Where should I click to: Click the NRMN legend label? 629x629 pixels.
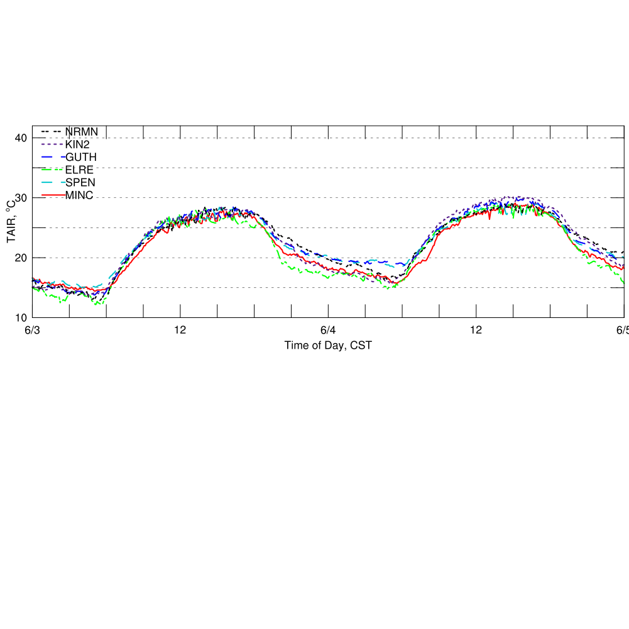point(82,131)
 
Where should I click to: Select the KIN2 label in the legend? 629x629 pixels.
point(77,144)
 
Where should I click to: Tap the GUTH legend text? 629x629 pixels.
point(81,156)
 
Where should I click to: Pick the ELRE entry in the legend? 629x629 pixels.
point(79,170)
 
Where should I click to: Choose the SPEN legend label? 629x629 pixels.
point(80,182)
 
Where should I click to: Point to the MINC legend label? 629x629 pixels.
point(79,195)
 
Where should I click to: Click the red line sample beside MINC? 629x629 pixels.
point(53,195)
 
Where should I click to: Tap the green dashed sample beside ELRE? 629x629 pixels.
point(53,170)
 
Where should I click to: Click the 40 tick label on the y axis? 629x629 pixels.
point(21,138)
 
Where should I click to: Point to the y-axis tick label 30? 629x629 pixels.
point(21,198)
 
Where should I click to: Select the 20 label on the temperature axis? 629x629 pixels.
point(21,258)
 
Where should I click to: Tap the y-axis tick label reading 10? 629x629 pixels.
point(21,317)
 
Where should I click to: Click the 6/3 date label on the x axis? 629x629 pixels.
point(32,331)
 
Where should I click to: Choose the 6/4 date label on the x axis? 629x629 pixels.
point(328,331)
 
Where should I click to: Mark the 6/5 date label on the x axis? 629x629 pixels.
point(622,331)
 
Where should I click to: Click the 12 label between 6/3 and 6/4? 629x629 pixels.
point(180,331)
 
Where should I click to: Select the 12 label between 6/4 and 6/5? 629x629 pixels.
point(476,331)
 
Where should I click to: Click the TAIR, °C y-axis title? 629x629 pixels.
point(11,222)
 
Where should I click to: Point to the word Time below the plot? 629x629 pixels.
point(296,345)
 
